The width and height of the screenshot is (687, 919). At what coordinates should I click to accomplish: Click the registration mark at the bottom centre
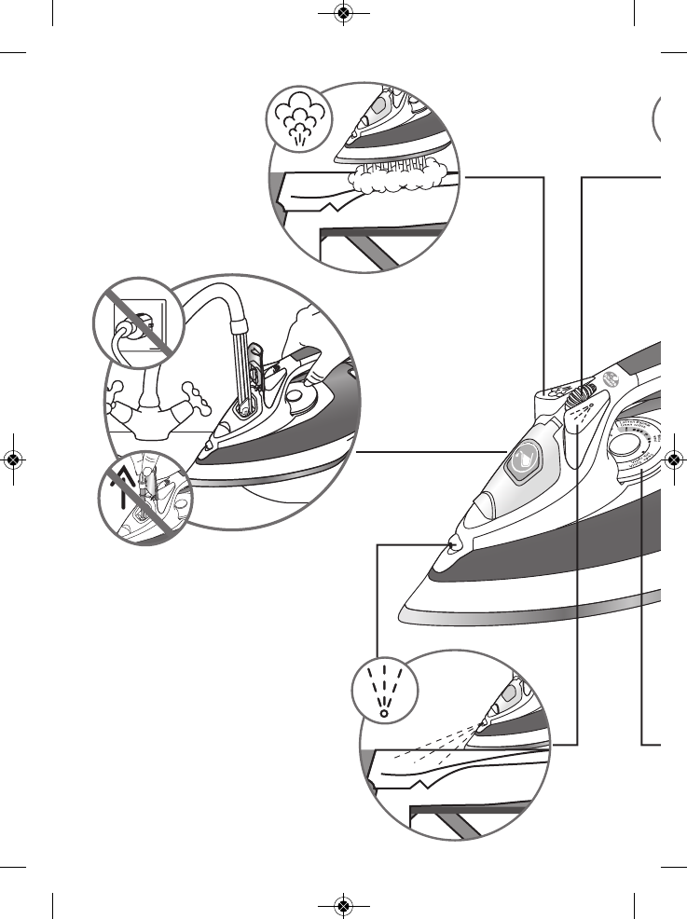[x=343, y=905]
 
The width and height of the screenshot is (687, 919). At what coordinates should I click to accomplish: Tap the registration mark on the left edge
[x=13, y=459]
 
